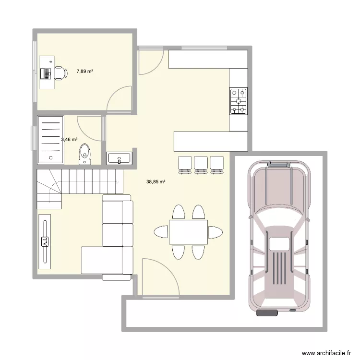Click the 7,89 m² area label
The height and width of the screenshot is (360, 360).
click(x=84, y=72)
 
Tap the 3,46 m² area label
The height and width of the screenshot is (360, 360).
click(x=69, y=140)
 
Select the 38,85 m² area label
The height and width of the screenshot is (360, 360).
click(x=156, y=182)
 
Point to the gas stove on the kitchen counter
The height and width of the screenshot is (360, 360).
click(x=239, y=101)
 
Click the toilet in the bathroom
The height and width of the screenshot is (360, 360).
click(x=85, y=153)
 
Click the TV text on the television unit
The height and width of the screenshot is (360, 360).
click(x=45, y=241)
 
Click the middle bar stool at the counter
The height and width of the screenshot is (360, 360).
click(x=200, y=164)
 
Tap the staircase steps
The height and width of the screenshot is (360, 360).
click(x=77, y=182)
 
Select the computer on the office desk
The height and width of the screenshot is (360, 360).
click(x=47, y=73)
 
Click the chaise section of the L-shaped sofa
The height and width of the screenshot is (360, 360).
click(x=101, y=259)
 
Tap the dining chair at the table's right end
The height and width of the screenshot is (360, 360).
click(x=216, y=232)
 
